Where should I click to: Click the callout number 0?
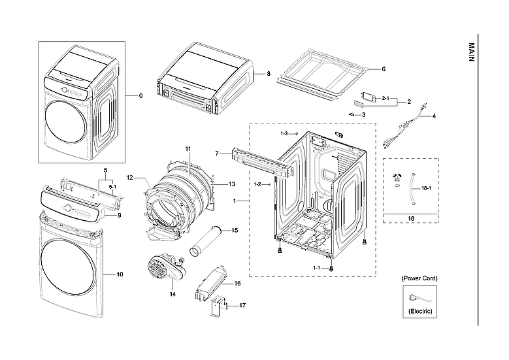(140, 95)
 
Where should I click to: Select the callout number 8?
(268, 74)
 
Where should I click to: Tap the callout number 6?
(384, 69)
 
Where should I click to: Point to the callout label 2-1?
(386, 98)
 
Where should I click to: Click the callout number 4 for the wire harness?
(433, 116)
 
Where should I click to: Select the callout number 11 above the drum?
(188, 149)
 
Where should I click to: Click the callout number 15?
(235, 230)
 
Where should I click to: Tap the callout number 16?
(237, 284)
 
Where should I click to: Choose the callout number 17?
(242, 305)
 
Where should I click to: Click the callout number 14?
(173, 294)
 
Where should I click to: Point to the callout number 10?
(120, 274)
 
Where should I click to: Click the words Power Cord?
(419, 278)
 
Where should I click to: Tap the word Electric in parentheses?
(419, 312)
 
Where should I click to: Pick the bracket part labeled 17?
(219, 307)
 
